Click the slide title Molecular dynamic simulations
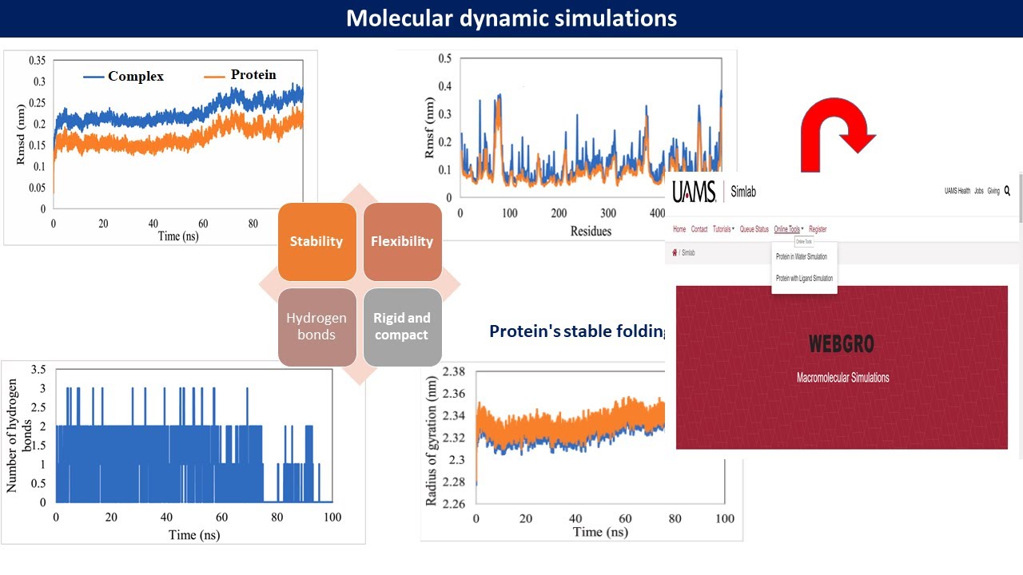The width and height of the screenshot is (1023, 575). click(511, 18)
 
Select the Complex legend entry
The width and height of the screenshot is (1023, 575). click(136, 77)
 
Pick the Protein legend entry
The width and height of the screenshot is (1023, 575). click(253, 75)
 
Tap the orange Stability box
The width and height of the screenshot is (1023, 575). click(316, 241)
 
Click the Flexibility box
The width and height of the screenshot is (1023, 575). click(402, 241)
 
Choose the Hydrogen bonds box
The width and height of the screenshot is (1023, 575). click(316, 326)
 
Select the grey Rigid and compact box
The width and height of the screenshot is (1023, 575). click(402, 326)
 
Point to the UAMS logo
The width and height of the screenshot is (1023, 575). click(694, 192)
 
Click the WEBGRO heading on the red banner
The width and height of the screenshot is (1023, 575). click(842, 344)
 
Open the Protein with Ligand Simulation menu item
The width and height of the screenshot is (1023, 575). click(804, 278)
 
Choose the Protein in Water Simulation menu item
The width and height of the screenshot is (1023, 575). click(802, 256)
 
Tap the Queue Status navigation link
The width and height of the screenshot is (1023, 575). click(754, 229)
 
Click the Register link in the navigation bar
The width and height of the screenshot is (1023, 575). click(818, 229)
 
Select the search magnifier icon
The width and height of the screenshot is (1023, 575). click(1007, 191)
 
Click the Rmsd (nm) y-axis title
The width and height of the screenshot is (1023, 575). click(21, 135)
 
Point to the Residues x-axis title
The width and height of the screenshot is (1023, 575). click(591, 231)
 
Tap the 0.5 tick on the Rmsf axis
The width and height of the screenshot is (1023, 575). click(444, 58)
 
